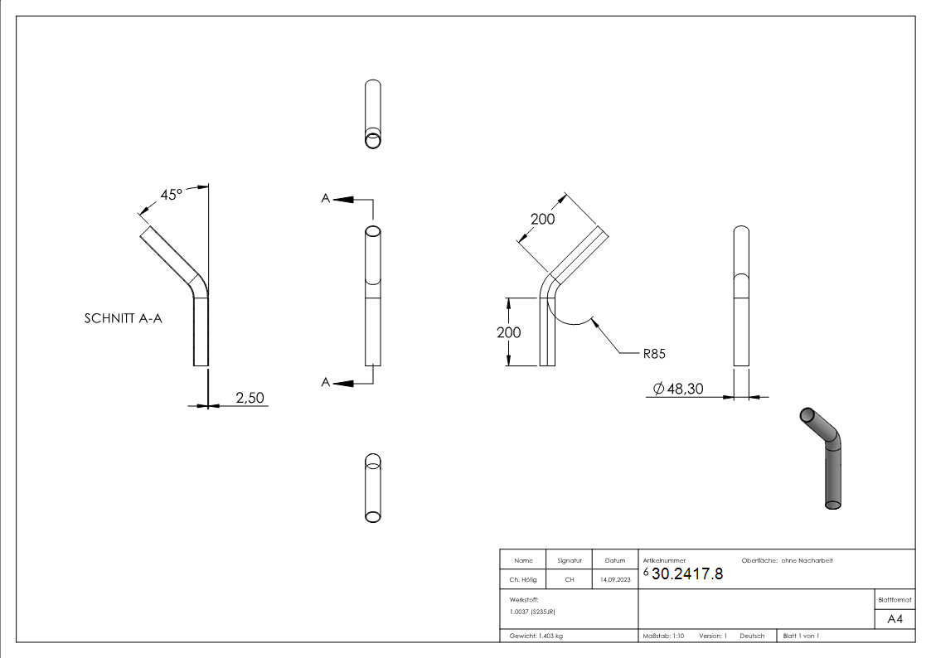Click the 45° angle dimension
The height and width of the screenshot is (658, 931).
pyautogui.click(x=171, y=195)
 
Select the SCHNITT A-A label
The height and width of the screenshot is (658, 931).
pyautogui.click(x=124, y=317)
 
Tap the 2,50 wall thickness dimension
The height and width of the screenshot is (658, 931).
pyautogui.click(x=250, y=398)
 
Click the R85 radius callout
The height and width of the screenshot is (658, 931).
pyautogui.click(x=654, y=353)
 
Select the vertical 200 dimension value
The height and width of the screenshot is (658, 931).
pyautogui.click(x=509, y=332)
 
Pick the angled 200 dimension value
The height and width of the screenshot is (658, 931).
pyautogui.click(x=542, y=219)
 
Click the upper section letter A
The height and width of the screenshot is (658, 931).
pyautogui.click(x=326, y=198)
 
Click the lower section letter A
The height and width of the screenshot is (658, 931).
pyautogui.click(x=326, y=382)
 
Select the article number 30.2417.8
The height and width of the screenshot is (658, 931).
pyautogui.click(x=687, y=574)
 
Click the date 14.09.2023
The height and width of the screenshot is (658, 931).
pyautogui.click(x=614, y=580)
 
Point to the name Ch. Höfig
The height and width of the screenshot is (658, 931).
pyautogui.click(x=522, y=580)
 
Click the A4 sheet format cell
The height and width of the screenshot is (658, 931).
pyautogui.click(x=895, y=619)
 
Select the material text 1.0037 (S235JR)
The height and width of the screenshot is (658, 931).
pyautogui.click(x=532, y=612)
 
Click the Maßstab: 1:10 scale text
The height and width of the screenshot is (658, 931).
pyautogui.click(x=663, y=636)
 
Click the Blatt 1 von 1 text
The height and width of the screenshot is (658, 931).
pyautogui.click(x=801, y=636)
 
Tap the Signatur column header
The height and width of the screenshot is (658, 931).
pyautogui.click(x=570, y=561)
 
